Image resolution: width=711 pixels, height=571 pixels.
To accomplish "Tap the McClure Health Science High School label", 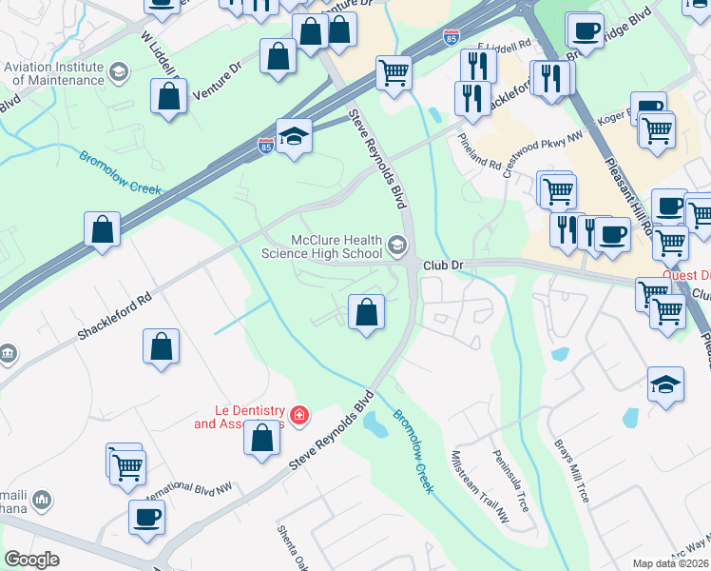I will tap(328, 246).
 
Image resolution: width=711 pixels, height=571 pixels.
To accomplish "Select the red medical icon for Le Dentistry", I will tap(299, 414).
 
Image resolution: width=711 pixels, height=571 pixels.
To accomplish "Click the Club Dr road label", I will tap(441, 266).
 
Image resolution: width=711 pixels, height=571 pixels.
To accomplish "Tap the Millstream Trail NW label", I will tap(481, 486).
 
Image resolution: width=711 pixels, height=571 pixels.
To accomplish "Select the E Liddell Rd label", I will tap(505, 46).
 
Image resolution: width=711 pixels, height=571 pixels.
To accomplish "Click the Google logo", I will tap(31, 560).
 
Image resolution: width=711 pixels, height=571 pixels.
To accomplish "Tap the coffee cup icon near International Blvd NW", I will tap(147, 518).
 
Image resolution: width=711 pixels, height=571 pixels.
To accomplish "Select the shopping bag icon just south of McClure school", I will tap(366, 311).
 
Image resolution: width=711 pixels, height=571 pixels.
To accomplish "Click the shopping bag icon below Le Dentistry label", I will tap(261, 438).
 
